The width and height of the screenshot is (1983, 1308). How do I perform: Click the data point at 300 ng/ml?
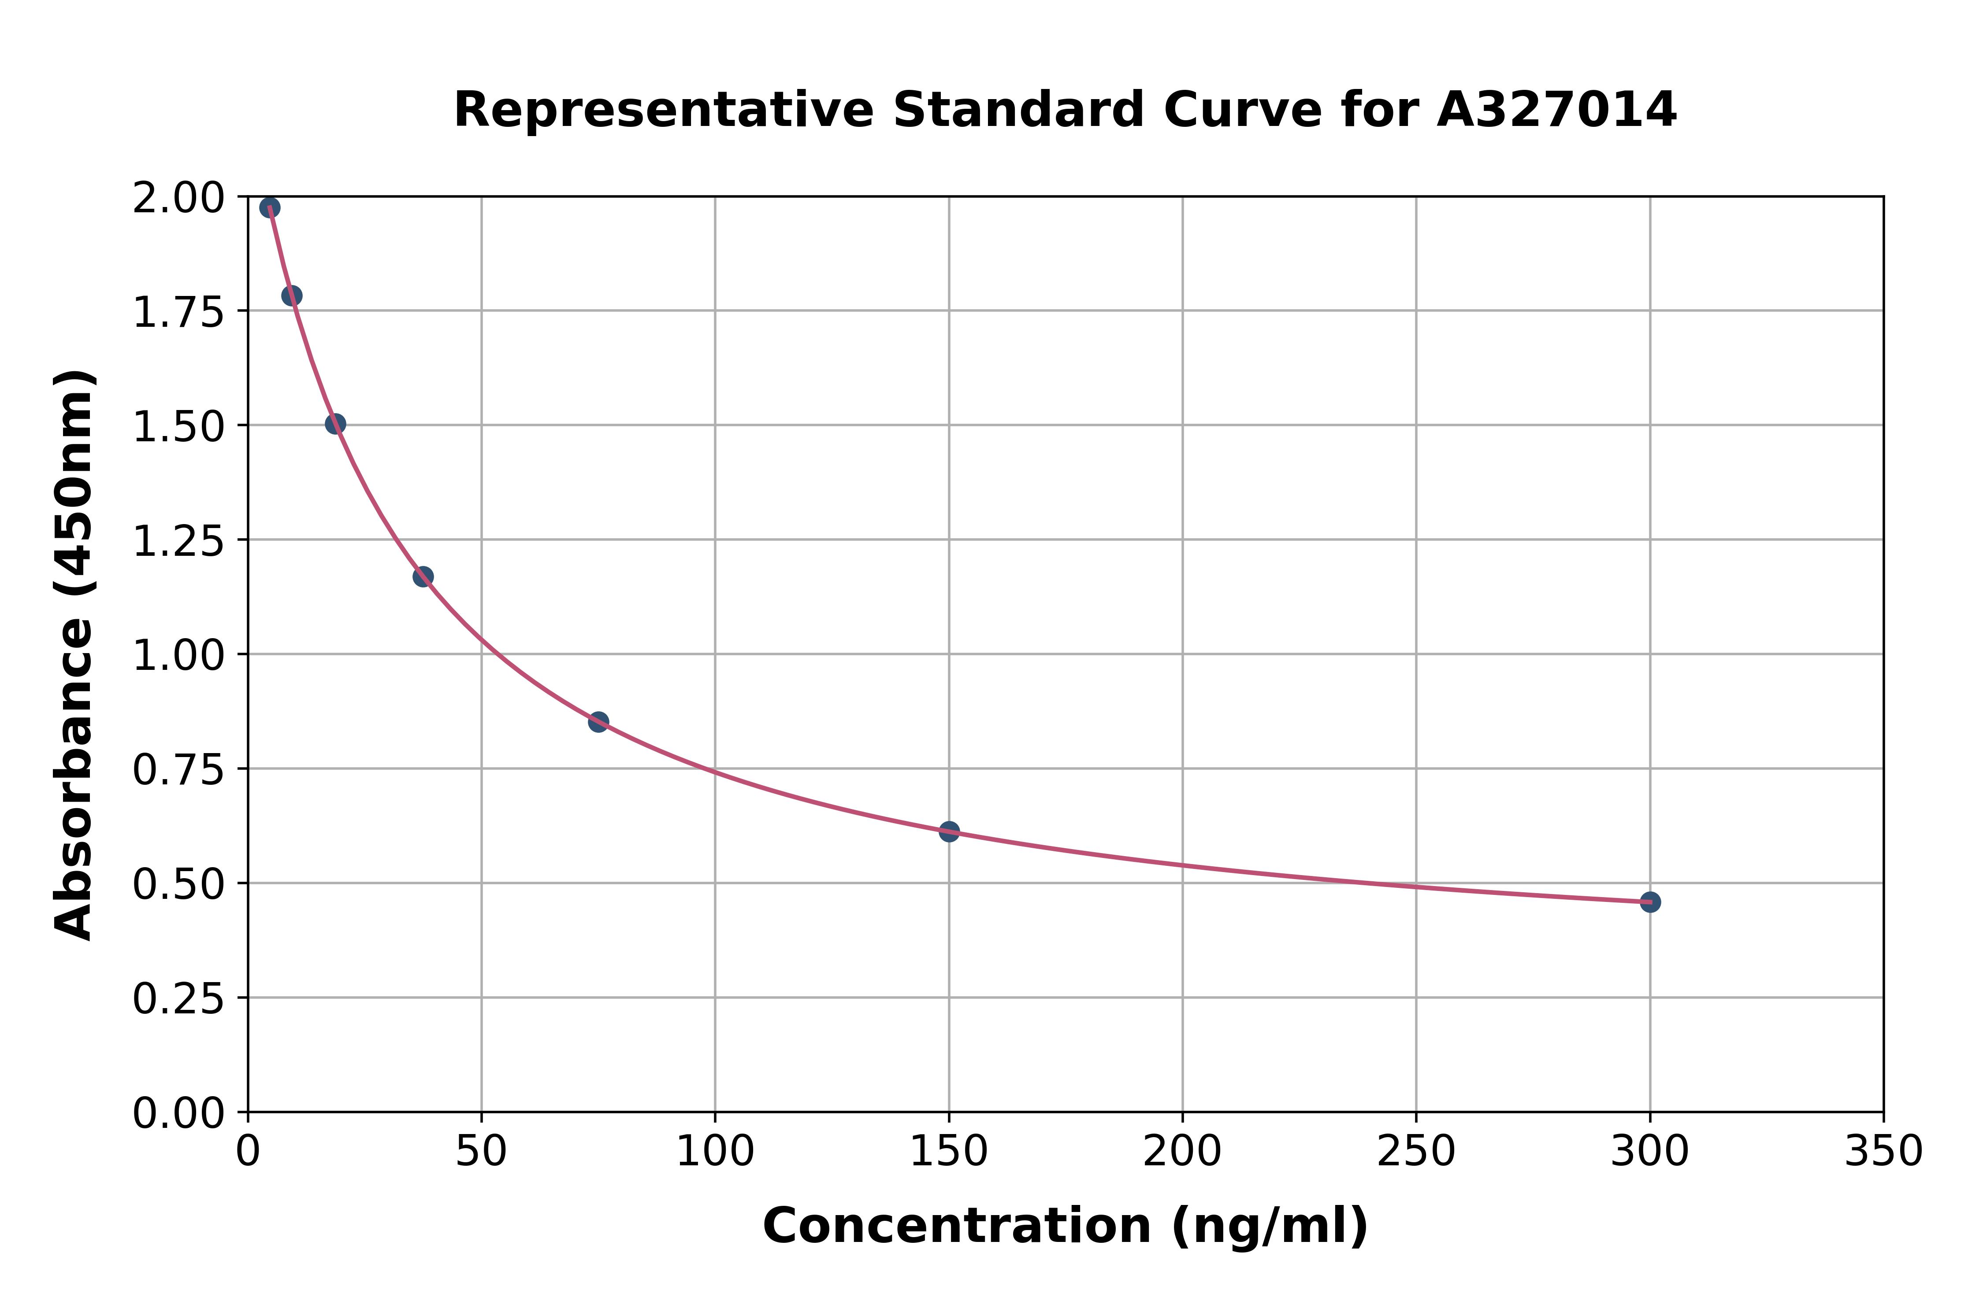[1650, 902]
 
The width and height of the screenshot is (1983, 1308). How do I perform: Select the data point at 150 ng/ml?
[949, 831]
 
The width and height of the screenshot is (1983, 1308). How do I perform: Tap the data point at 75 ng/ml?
[598, 721]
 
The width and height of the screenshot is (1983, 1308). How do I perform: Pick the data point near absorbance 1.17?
[423, 576]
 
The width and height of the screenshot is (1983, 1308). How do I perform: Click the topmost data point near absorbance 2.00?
[270, 208]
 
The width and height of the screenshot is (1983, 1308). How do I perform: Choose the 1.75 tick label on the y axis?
[178, 312]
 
